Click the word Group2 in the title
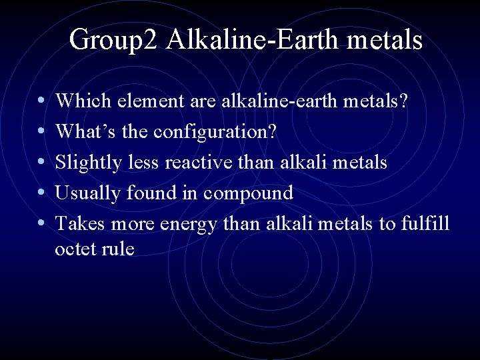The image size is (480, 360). (x=114, y=40)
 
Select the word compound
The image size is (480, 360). (x=249, y=194)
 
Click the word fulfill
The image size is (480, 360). (x=425, y=223)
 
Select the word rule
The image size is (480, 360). (x=119, y=249)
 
